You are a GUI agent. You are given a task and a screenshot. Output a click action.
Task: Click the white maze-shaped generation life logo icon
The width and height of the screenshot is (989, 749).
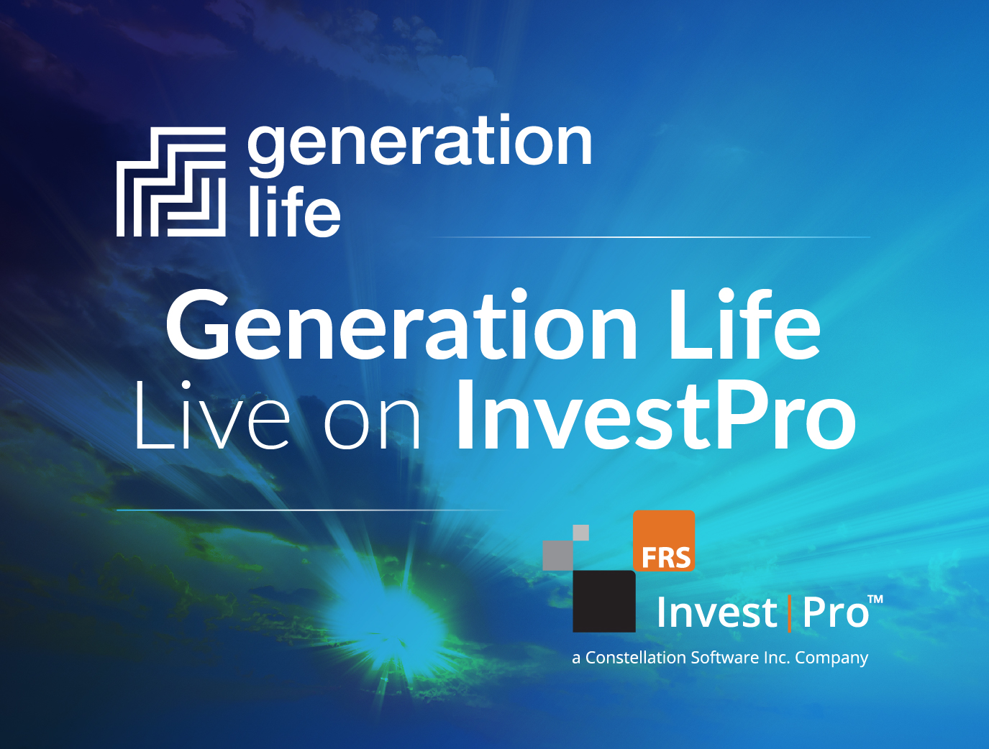coord(171,182)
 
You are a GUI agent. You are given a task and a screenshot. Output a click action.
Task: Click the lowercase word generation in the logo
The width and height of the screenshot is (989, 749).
coord(420,144)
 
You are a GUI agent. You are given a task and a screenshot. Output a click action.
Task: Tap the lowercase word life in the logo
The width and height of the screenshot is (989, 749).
coord(293,212)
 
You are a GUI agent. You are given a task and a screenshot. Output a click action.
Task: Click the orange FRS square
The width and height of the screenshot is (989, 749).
coord(663,541)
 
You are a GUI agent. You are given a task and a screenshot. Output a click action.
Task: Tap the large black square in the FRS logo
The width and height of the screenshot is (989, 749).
coord(603,601)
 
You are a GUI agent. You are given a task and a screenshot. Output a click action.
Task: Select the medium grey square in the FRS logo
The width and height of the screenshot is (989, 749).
coord(557,554)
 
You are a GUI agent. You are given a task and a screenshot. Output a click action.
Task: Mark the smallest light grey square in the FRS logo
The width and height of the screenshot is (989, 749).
coord(580,533)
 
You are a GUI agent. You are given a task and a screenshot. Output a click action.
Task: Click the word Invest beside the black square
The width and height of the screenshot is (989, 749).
coord(716,613)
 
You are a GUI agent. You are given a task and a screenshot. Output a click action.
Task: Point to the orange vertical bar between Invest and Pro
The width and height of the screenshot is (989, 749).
coord(789,613)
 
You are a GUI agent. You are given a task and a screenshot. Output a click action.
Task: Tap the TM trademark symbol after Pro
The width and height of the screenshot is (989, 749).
coord(875,599)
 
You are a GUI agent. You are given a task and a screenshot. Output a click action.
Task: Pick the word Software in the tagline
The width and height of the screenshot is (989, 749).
coord(724,658)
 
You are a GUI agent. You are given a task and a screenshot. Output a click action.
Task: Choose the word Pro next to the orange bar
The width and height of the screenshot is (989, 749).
coord(834,613)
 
